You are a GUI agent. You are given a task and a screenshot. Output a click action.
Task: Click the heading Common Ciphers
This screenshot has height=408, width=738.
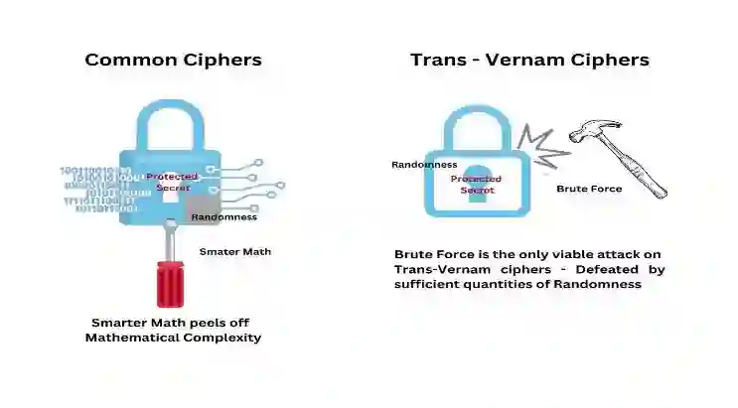tap(173, 60)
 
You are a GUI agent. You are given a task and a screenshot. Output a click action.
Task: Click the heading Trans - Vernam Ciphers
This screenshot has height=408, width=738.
tap(529, 60)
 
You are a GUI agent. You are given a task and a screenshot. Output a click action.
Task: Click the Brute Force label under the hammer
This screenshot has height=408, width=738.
tap(589, 189)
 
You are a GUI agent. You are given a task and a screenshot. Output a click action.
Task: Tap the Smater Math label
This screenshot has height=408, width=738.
tap(235, 251)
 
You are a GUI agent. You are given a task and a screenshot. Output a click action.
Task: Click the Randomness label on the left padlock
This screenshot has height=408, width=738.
tap(223, 216)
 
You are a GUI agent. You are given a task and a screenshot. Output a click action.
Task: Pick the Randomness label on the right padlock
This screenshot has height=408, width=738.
tap(424, 165)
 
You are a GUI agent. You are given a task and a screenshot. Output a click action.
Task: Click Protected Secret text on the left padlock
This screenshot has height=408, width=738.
tap(172, 181)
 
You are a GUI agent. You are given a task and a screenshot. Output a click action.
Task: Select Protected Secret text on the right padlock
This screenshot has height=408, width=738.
tap(477, 185)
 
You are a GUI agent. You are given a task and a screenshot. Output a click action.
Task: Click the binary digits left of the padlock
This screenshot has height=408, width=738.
tap(96, 189)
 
